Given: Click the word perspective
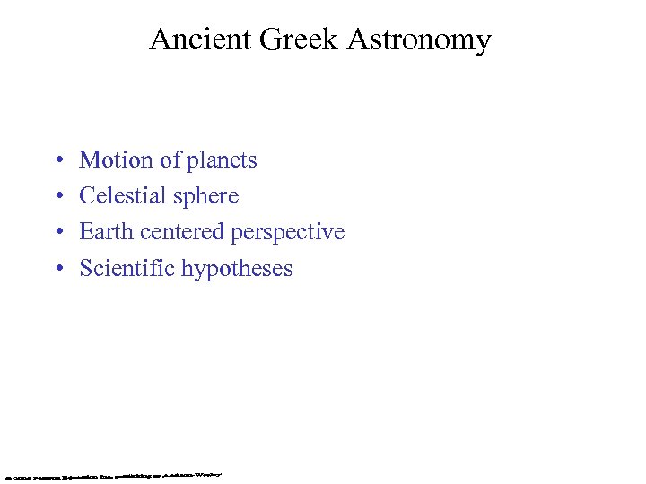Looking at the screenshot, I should tap(288, 233).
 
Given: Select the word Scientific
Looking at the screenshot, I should tap(127, 268).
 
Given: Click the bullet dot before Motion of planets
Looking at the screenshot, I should tap(57, 161).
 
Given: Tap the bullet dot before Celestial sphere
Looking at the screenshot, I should tap(57, 197).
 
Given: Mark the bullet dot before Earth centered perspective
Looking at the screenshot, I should tap(57, 233).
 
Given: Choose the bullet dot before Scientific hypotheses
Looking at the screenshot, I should tap(57, 269).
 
